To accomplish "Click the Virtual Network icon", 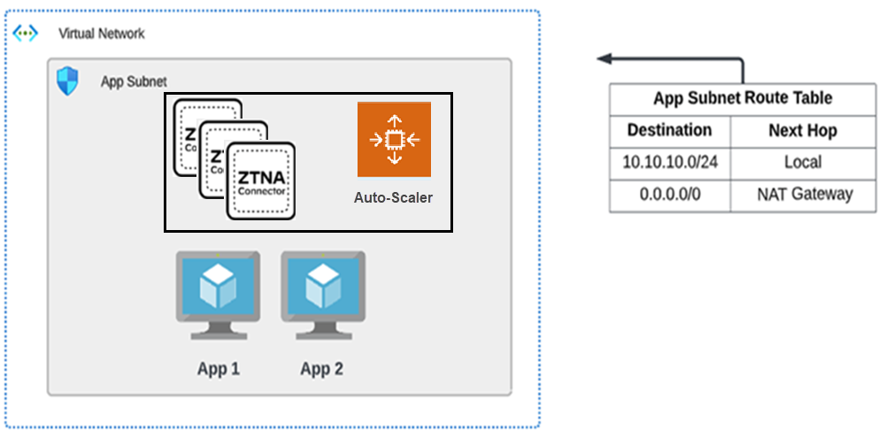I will (25, 33).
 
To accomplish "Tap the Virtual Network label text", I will (102, 34).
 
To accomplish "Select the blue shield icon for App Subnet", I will (67, 81).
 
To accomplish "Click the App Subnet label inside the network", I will (133, 82).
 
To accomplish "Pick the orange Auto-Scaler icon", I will (394, 139).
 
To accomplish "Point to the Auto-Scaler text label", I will (394, 197).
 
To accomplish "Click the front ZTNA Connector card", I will (261, 181).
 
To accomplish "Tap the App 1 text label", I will (219, 369).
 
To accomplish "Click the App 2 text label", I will (322, 369).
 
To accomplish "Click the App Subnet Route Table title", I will (743, 98).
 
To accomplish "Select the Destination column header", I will (669, 130).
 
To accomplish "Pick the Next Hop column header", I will (803, 131).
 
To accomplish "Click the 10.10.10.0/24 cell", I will (670, 163).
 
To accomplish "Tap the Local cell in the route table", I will (803, 163).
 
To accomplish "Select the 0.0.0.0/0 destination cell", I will (670, 195).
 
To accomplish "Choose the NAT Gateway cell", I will (803, 195).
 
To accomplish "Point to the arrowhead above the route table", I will (604, 59).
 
